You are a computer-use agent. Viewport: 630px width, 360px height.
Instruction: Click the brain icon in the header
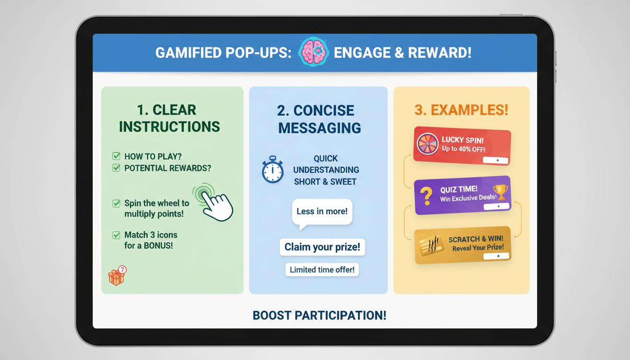click(x=313, y=52)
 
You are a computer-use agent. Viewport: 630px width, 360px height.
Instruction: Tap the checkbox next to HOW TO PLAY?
click(x=116, y=156)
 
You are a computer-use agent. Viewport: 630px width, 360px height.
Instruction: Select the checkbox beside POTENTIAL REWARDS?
click(x=116, y=167)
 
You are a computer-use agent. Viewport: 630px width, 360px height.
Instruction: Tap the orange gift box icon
click(x=117, y=276)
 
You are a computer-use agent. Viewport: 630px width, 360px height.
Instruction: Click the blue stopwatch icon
click(x=272, y=170)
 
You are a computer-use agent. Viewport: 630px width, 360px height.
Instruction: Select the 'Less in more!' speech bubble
click(x=322, y=212)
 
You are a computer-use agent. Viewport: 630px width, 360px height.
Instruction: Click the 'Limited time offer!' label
click(x=322, y=270)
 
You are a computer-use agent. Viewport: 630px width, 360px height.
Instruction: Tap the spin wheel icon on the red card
click(x=427, y=144)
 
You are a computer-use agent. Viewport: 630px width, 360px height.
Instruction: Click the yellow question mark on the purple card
click(x=426, y=195)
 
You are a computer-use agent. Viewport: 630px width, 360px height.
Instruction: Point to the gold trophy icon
click(x=500, y=192)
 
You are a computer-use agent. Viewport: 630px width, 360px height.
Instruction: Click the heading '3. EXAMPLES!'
click(x=461, y=110)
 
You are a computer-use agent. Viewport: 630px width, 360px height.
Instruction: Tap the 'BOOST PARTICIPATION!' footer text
click(x=319, y=315)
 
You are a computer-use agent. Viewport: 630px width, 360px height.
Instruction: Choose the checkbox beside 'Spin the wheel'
click(x=116, y=203)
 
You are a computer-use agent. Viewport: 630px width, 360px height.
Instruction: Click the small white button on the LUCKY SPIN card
click(x=496, y=160)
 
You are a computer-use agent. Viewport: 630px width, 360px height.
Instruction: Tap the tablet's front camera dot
click(x=315, y=24)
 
